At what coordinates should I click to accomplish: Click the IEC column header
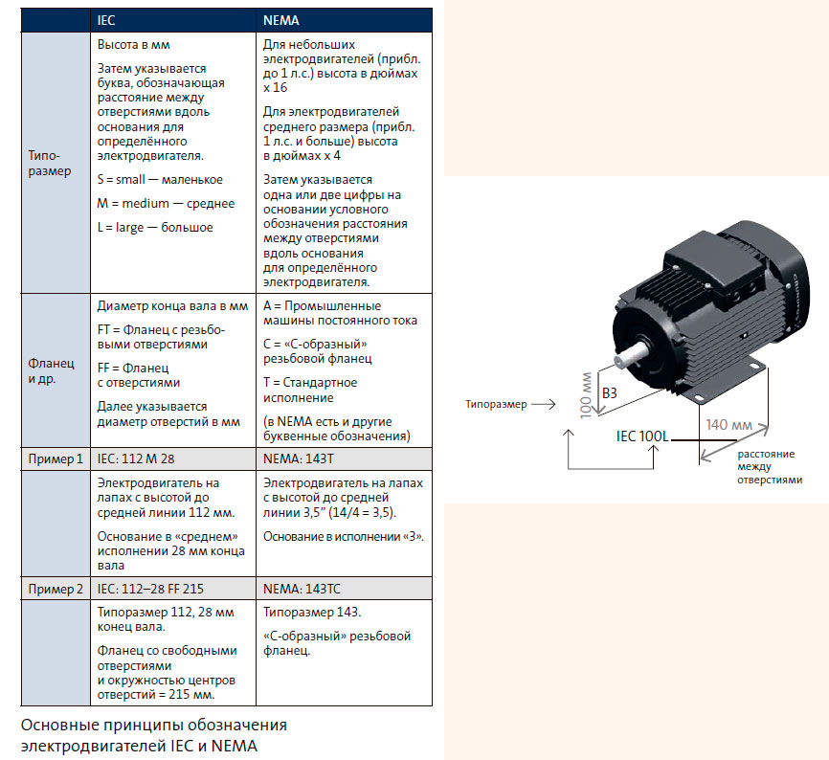point(107,19)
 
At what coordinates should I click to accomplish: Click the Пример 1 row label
point(56,458)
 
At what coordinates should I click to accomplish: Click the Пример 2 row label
point(56,588)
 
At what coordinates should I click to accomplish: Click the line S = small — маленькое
point(160,179)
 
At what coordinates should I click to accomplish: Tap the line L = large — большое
point(155,227)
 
